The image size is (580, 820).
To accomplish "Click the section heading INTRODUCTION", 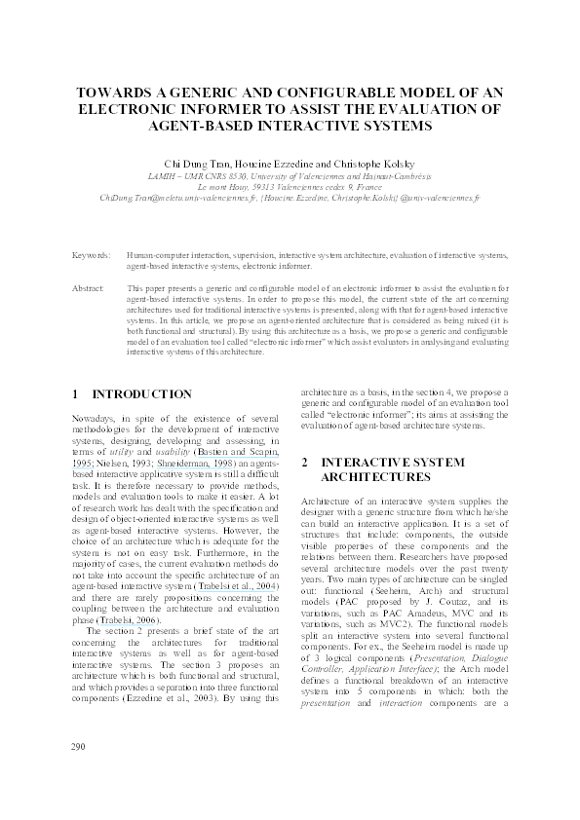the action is click(141, 394).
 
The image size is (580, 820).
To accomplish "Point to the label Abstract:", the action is click(89, 290).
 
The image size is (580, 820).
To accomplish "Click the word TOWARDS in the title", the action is click(118, 93).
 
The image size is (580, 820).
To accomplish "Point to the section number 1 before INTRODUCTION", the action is click(76, 394).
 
